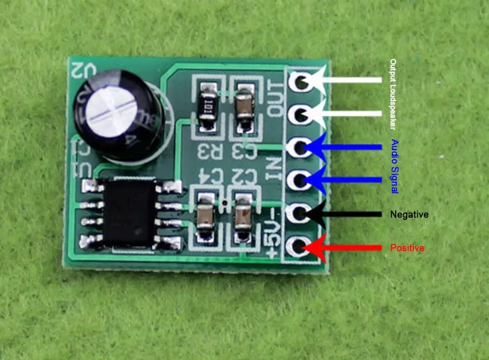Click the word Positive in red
[x=407, y=248]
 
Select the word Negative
[x=409, y=214]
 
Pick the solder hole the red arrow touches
[x=300, y=247]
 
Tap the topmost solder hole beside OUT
[x=301, y=81]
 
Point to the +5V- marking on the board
[x=275, y=231]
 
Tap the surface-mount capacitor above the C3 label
[x=245, y=105]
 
